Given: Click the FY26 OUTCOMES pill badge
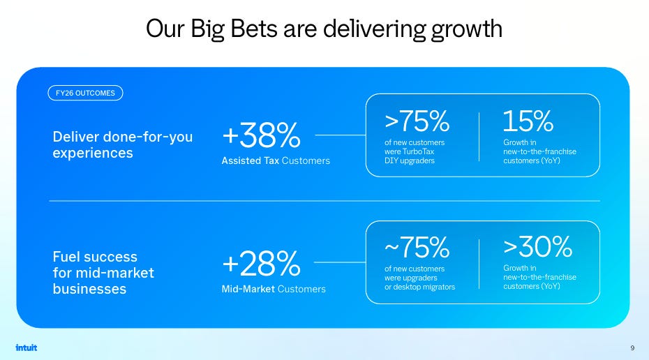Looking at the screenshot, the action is (x=85, y=93).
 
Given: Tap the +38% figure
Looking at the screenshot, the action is (x=261, y=135).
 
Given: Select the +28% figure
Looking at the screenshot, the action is (x=261, y=263).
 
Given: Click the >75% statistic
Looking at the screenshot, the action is (x=417, y=121).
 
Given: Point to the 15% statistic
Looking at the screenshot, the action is (x=528, y=121).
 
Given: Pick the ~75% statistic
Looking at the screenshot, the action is (x=417, y=247).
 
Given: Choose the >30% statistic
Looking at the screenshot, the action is (x=537, y=247).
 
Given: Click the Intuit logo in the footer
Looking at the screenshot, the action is (x=26, y=347).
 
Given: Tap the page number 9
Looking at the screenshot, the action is (x=632, y=348).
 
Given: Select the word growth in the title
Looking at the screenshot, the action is (x=466, y=30).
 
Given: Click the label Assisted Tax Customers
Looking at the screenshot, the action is (x=276, y=160).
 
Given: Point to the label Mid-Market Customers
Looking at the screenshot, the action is (x=274, y=289).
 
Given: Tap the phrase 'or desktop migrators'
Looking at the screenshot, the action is (x=419, y=287).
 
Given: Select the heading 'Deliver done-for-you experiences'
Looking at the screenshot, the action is (x=123, y=145).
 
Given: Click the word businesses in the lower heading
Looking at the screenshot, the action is (x=89, y=289).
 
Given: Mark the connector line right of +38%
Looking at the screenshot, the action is (x=341, y=135).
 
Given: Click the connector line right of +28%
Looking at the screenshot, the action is (x=340, y=262).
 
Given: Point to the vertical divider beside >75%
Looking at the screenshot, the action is (x=479, y=137).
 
